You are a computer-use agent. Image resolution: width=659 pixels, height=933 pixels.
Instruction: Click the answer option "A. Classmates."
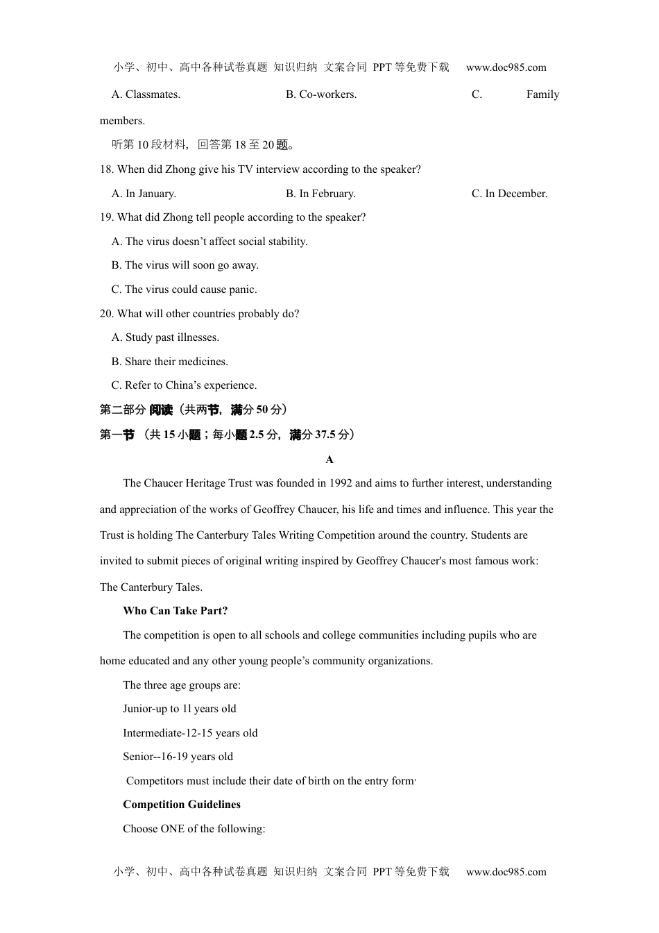tap(146, 94)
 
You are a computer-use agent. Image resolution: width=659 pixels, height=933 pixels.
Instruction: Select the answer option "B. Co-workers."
tap(321, 94)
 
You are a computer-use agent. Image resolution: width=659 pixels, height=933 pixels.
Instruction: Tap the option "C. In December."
tap(509, 194)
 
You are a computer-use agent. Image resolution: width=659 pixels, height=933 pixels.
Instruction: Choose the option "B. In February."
tap(320, 194)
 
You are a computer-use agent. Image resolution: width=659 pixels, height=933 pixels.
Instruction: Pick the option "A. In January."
tap(144, 194)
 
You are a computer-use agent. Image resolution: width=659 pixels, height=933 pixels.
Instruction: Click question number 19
tap(106, 217)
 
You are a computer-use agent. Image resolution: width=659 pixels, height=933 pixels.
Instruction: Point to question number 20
tap(106, 314)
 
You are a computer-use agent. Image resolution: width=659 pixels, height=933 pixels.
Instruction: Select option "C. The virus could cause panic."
tap(184, 289)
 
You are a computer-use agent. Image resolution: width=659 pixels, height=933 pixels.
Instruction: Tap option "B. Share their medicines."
tap(169, 362)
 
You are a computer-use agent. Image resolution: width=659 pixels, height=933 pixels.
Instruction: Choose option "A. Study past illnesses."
tap(165, 337)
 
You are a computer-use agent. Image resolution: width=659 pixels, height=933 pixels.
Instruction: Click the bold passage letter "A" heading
tap(329, 460)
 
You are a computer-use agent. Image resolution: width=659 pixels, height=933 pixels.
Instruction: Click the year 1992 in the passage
tap(341, 483)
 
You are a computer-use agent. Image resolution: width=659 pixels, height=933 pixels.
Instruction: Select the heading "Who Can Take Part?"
tap(176, 611)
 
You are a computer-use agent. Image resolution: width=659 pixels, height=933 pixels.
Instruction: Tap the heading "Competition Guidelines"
tap(182, 805)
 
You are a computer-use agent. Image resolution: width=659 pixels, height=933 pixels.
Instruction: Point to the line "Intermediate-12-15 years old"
tap(190, 733)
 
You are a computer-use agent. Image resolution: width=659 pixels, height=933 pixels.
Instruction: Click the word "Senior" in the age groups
tap(139, 757)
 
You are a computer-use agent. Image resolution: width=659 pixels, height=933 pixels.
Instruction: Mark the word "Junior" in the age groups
tap(139, 709)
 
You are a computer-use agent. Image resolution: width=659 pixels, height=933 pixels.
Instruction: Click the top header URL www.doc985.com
tap(506, 67)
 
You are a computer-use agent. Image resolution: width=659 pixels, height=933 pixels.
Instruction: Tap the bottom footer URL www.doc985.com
tap(506, 872)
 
